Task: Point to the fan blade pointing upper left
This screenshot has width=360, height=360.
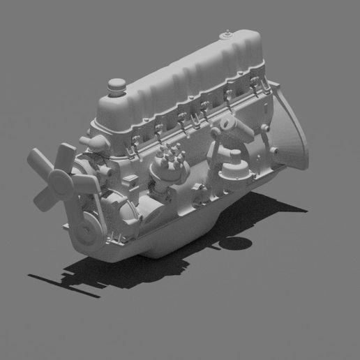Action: click(x=38, y=163)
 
